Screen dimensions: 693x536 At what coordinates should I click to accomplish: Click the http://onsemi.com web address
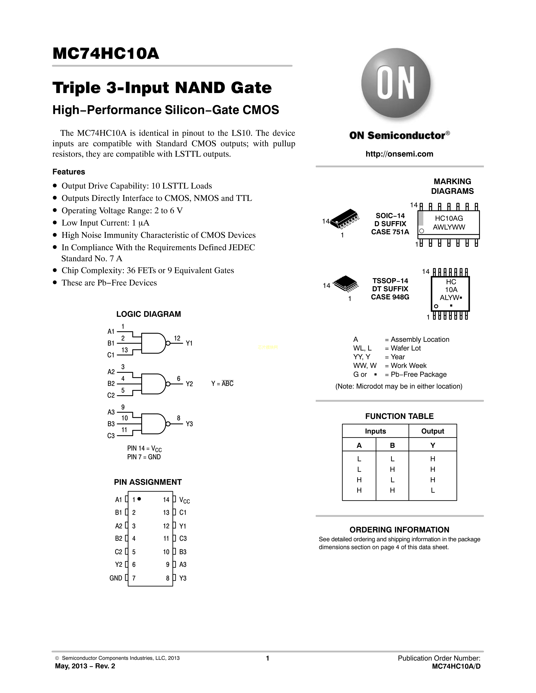399,154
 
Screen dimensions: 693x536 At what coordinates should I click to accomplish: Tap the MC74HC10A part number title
106,53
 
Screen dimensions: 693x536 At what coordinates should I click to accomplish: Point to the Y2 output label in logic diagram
189,384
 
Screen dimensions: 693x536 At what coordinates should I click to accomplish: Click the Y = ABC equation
222,384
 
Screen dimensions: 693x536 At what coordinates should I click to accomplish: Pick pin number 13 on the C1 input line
124,350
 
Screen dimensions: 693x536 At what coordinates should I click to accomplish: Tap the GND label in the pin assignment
116,578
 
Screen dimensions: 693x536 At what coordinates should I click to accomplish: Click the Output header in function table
433,431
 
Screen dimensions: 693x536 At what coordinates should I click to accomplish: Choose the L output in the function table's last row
433,490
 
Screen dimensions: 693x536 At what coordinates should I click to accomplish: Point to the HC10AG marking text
449,218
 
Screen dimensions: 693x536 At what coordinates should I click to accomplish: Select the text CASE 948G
390,297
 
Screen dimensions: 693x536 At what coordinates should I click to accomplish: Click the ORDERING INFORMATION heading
399,530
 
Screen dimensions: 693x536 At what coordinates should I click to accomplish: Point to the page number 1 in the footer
267,658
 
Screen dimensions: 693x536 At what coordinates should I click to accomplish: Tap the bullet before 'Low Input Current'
55,223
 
